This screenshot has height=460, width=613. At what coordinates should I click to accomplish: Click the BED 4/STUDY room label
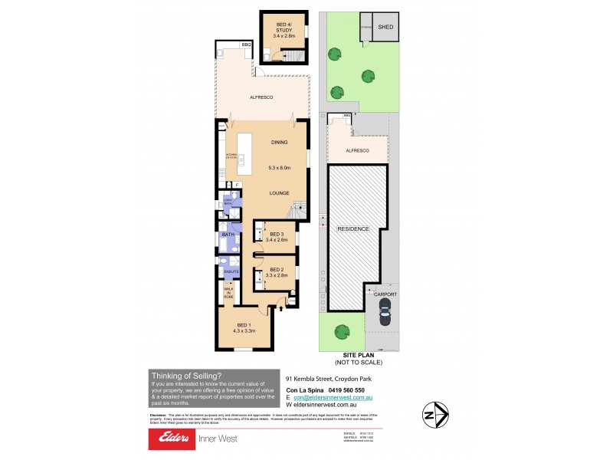click(x=284, y=28)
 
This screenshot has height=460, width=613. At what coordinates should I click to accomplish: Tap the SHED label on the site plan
click(x=385, y=27)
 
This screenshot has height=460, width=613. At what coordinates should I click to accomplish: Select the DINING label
click(x=279, y=143)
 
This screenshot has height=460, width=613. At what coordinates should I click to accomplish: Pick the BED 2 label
click(x=277, y=269)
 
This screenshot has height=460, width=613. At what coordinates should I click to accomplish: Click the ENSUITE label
click(x=231, y=271)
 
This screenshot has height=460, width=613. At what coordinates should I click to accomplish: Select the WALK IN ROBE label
click(x=228, y=291)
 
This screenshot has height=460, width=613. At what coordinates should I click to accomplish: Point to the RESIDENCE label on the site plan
click(x=353, y=229)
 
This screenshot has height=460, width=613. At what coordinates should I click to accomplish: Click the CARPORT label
click(x=385, y=294)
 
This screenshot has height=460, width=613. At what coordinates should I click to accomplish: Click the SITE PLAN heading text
click(x=358, y=356)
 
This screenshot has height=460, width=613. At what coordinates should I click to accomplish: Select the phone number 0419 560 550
click(x=354, y=389)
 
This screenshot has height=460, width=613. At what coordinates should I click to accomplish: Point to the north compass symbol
click(x=434, y=415)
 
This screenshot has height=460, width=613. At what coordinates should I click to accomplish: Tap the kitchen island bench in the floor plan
click(x=244, y=149)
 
